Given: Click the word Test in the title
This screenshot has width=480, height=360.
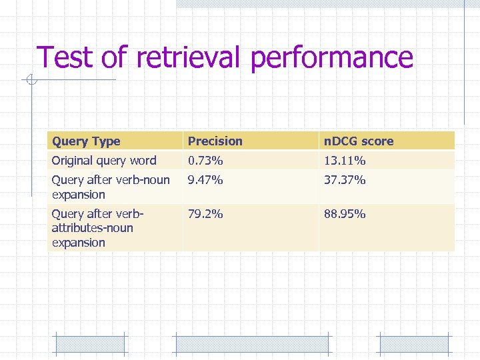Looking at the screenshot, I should click(65, 58).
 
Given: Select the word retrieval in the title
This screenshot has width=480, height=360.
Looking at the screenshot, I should click(190, 58).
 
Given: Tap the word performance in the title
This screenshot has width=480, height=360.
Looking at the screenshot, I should click(332, 58).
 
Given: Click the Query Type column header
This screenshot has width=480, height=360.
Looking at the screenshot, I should click(86, 141).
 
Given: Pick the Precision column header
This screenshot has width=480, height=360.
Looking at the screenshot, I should click(215, 141).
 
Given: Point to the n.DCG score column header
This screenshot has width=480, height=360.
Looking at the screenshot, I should click(359, 141).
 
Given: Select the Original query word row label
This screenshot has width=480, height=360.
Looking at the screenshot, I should click(104, 161).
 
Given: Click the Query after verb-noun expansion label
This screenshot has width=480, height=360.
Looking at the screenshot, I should click(111, 187).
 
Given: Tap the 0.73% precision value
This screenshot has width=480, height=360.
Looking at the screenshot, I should click(205, 161).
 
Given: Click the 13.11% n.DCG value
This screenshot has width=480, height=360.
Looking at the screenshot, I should click(345, 161).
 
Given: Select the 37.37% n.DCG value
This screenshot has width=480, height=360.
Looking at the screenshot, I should click(345, 180).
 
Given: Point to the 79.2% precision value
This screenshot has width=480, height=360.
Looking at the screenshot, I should click(205, 214).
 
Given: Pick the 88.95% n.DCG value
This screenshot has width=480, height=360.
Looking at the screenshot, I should click(345, 214).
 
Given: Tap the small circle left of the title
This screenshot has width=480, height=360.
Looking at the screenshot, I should click(30, 81).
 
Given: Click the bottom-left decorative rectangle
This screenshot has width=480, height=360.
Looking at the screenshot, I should click(89, 344).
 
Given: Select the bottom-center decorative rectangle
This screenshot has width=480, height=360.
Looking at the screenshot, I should click(251, 344).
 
